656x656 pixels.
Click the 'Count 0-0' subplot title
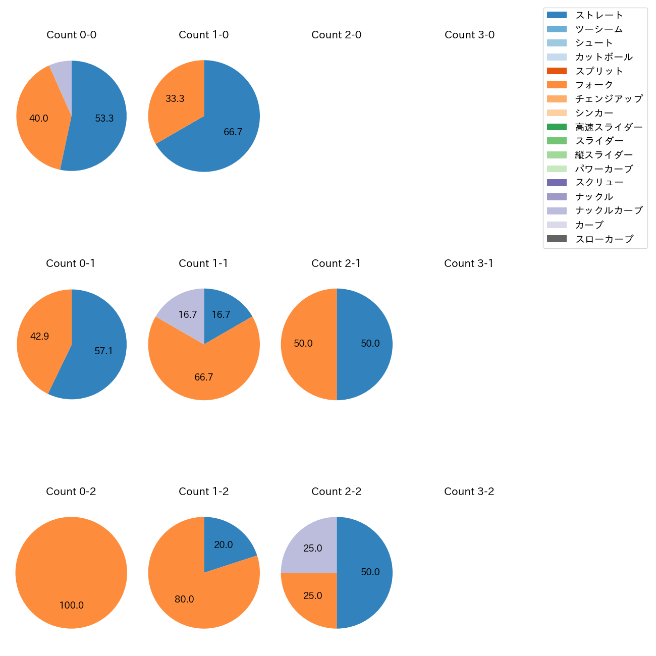71,35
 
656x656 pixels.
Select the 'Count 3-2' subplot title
469,491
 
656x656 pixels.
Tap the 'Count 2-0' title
336,35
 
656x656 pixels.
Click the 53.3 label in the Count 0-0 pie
104,119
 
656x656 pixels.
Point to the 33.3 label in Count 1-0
175,99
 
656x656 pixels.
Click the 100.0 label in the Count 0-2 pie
71,605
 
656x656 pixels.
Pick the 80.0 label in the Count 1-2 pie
184,599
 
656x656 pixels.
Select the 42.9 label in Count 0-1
39,337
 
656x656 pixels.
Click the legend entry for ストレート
599,15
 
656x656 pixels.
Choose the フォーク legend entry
594,85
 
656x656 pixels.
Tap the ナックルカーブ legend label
609,210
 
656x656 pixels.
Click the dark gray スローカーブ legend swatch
557,239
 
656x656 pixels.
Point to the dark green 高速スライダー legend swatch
557,127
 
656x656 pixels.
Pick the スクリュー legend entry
599,183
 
